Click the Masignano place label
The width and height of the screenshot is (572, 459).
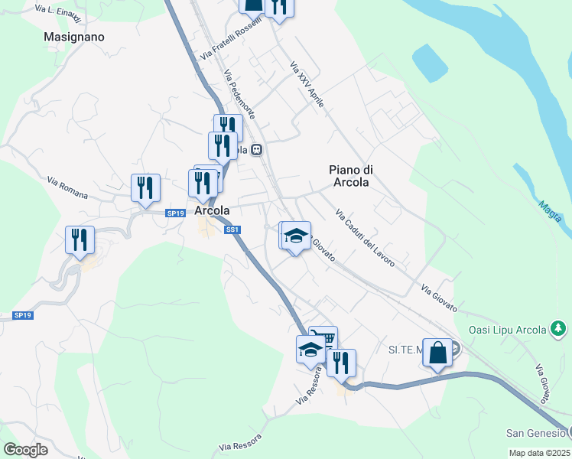pyautogui.click(x=74, y=36)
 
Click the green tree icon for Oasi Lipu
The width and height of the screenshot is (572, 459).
pyautogui.click(x=559, y=329)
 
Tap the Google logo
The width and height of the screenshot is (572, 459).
pyautogui.click(x=25, y=450)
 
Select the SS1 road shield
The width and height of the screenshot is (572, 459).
pyautogui.click(x=233, y=229)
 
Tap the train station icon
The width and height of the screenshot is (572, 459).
pyautogui.click(x=258, y=150)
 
